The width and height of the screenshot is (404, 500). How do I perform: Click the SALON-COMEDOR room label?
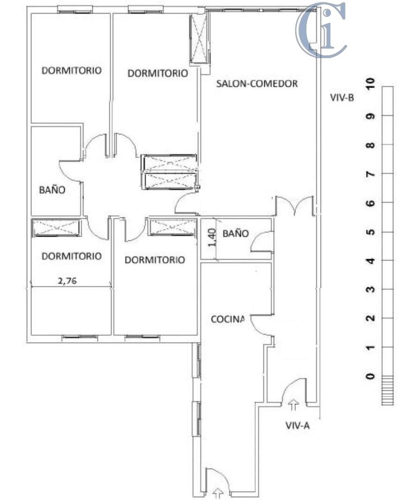257,84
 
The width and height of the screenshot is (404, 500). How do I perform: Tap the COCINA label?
228,319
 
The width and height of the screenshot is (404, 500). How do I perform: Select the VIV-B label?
341,98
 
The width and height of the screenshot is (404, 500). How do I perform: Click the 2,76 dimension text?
67,281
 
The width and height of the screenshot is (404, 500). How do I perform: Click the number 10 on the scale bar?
371,84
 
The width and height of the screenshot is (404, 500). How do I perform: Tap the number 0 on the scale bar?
371,376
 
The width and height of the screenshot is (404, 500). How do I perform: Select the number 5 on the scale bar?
371,232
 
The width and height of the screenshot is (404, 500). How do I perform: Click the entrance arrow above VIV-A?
294,403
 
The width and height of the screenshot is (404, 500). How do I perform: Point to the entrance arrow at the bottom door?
218,492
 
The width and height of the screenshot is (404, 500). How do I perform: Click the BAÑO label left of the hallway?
52,190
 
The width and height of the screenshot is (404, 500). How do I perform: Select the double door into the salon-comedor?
294,206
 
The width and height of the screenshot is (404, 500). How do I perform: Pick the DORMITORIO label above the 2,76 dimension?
71,256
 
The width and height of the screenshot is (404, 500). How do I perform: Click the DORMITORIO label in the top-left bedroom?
71,71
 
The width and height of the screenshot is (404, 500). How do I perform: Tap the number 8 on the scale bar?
371,145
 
